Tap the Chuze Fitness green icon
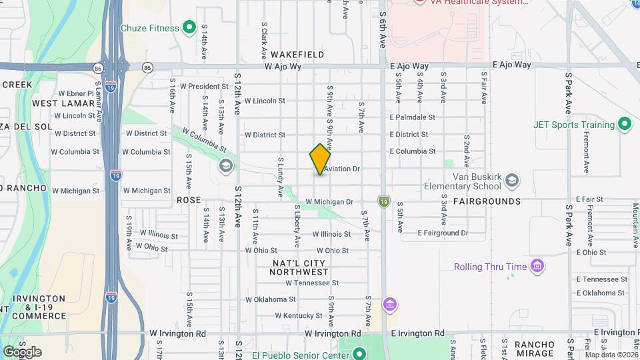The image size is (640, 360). pos(189,28)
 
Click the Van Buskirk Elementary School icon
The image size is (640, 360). pos(511,180)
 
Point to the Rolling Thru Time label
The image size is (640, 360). pos(490,267)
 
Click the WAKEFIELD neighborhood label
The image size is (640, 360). pos(298,55)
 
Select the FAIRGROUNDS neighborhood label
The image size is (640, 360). pos(487,201)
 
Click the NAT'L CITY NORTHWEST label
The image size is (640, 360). pos(300,268)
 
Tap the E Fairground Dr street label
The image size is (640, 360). pos(443,233)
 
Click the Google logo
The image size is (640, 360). pos(22,352)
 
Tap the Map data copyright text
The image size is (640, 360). pos(611,355)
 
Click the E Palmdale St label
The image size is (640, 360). pos(413,117)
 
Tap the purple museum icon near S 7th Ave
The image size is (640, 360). pos(391,305)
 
